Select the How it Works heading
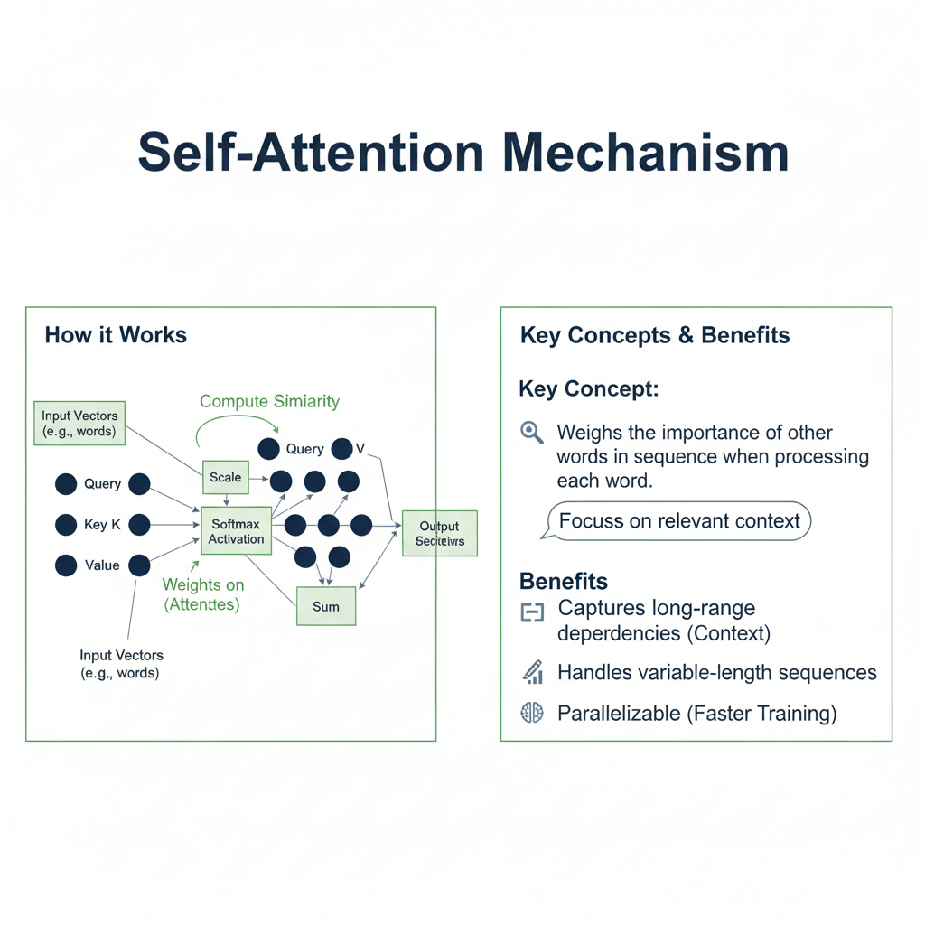coord(116,335)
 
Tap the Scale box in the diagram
coord(225,477)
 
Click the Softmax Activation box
coord(237,532)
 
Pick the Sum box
coord(326,607)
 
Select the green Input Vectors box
coord(79,423)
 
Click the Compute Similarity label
coord(269,401)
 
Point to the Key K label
coord(102,525)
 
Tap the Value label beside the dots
coord(102,565)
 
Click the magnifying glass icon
coord(532,433)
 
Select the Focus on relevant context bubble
coord(679,521)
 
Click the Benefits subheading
coord(564,581)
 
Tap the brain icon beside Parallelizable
coord(532,714)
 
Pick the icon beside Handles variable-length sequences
coord(532,672)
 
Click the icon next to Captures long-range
coord(532,613)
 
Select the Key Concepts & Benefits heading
coord(655,335)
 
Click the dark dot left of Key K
coord(66,525)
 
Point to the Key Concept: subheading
coord(588,389)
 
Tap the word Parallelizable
coord(619,714)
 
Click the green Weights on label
coord(203,585)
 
